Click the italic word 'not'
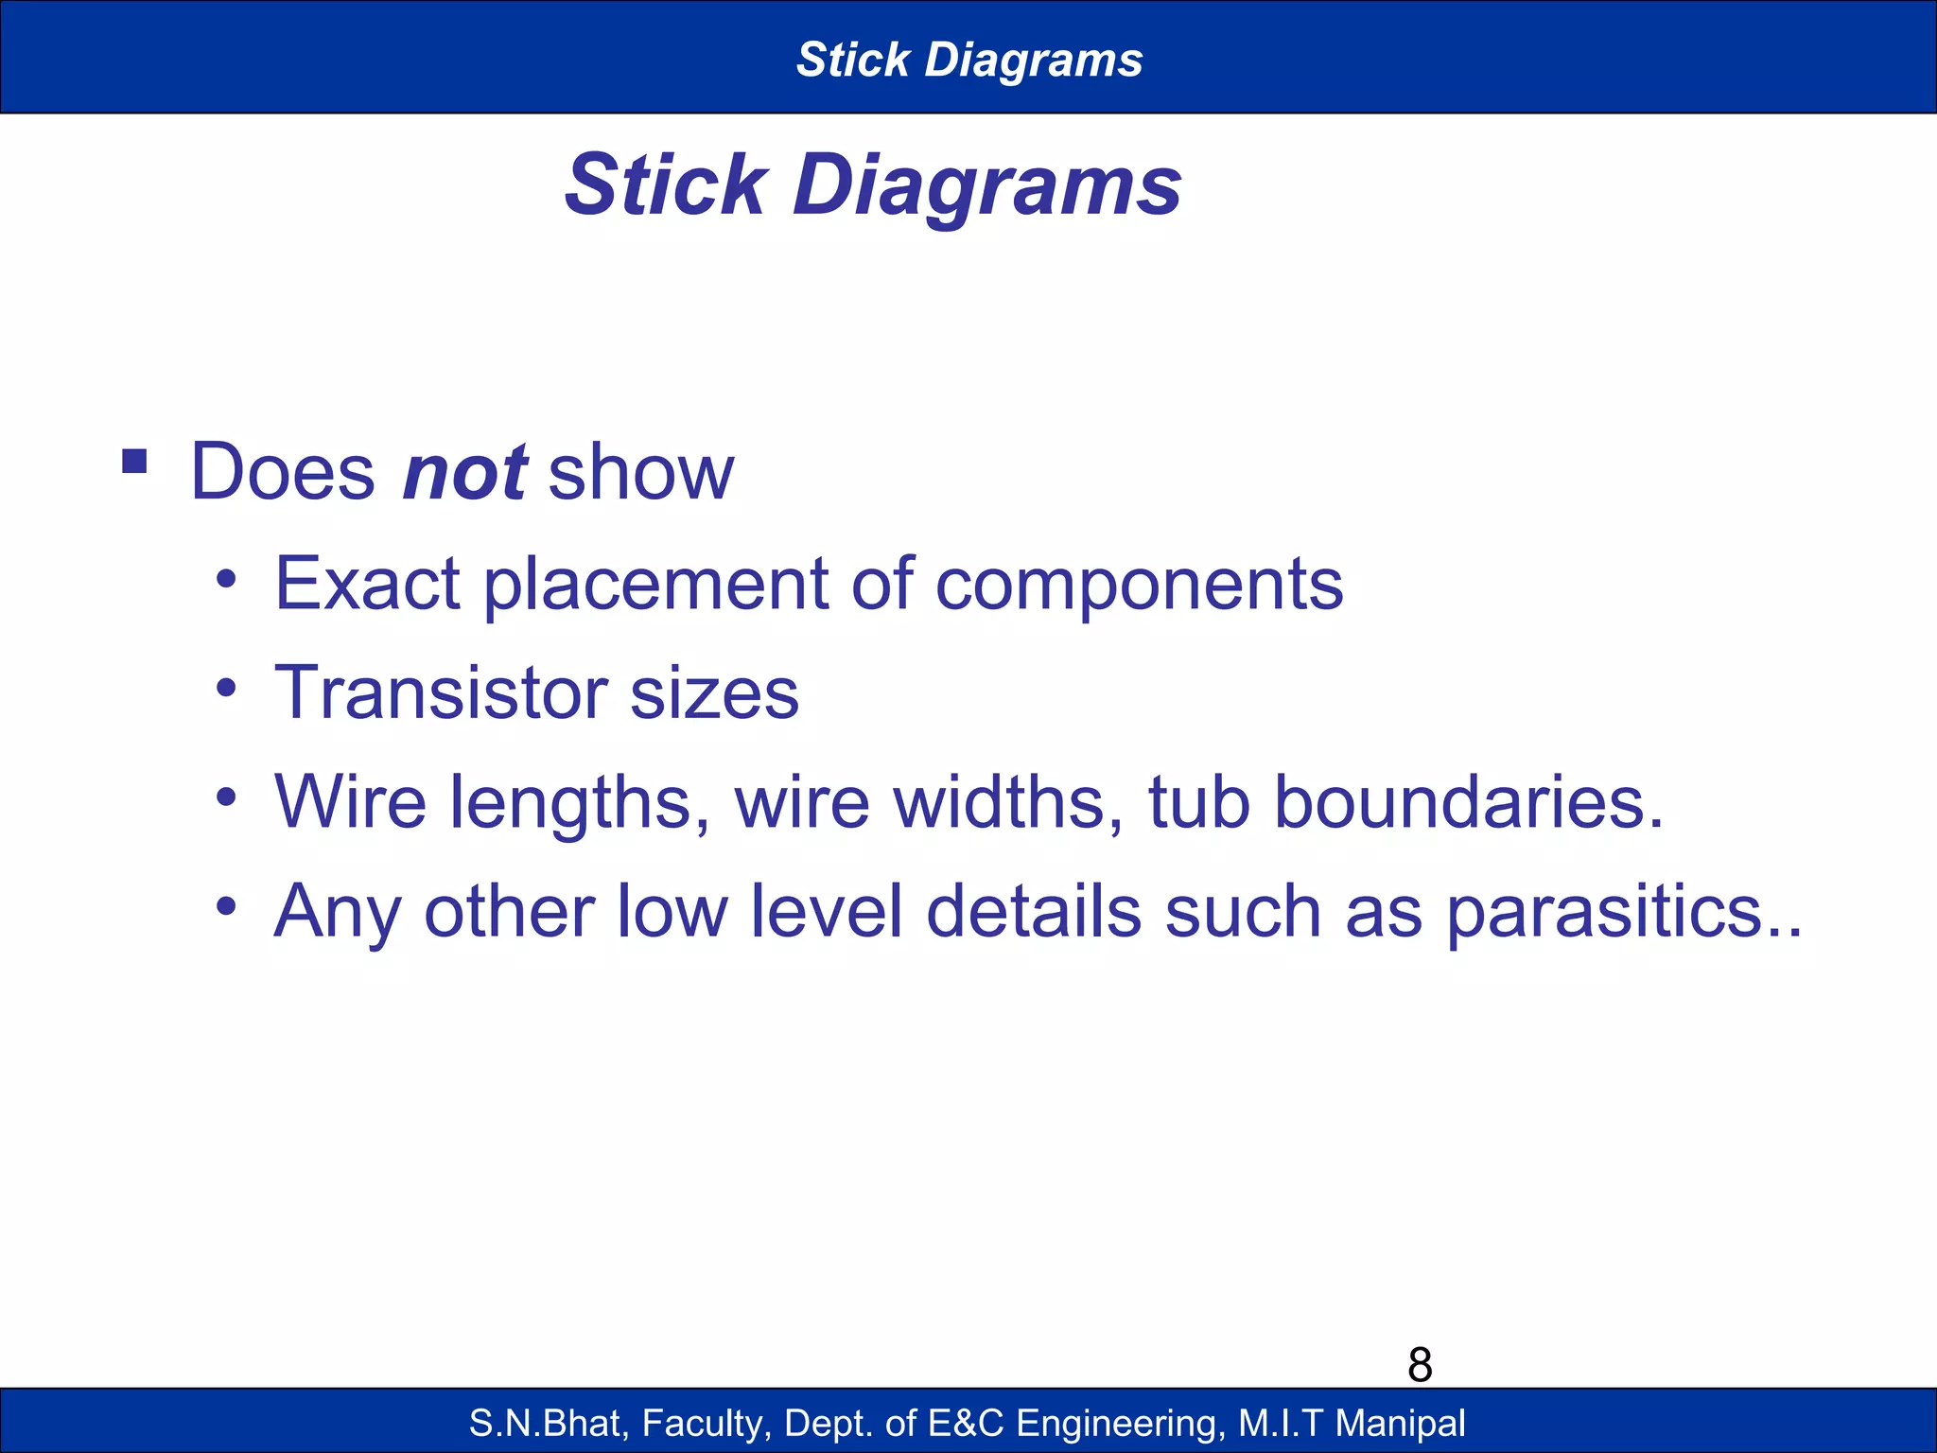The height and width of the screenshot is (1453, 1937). [x=464, y=473]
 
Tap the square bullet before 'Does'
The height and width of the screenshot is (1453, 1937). [x=134, y=462]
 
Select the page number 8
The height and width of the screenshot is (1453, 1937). [x=1420, y=1365]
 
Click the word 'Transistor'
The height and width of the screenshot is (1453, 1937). [x=441, y=693]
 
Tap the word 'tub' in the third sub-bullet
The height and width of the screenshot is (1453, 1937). [x=1199, y=802]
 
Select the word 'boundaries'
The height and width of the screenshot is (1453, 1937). [x=1466, y=802]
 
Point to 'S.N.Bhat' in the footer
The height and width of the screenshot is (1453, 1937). [x=548, y=1423]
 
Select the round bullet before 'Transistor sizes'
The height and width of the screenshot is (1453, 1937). [x=225, y=688]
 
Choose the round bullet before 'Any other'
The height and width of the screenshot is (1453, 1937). [x=225, y=906]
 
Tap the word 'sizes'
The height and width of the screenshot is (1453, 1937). [x=714, y=693]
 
